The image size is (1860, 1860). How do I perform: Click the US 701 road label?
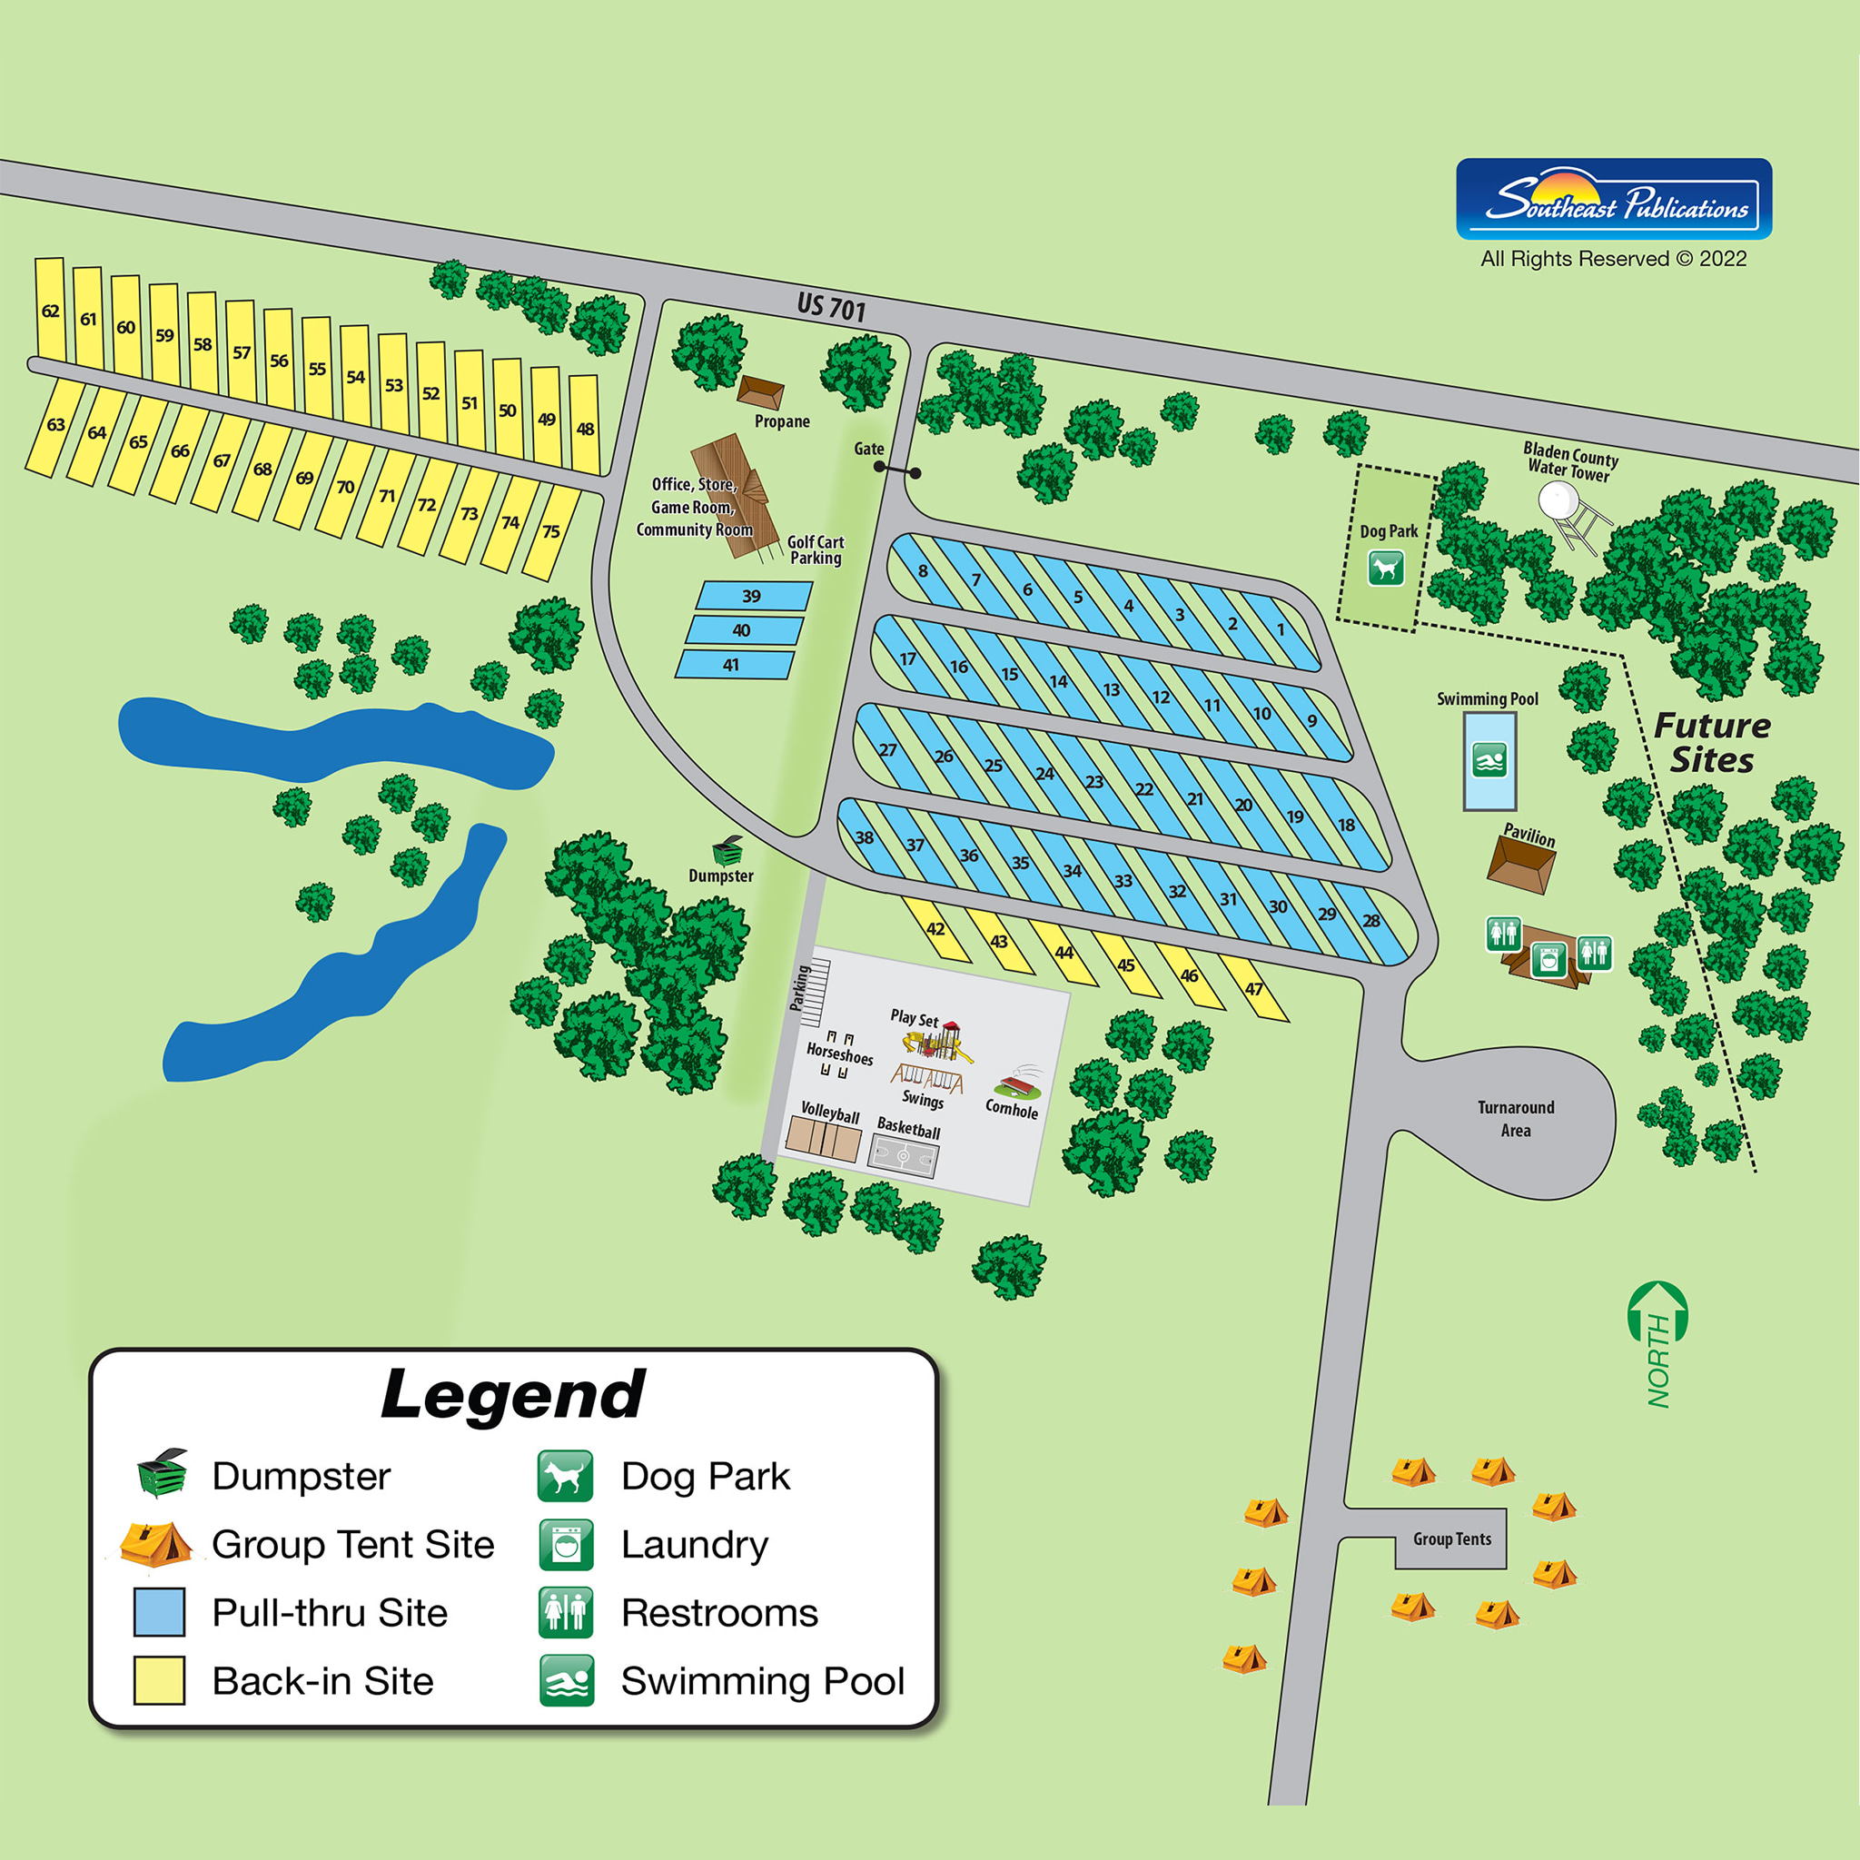831,308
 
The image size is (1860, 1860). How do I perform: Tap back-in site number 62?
50,310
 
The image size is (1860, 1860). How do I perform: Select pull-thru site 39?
752,596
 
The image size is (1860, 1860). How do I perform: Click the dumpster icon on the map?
727,851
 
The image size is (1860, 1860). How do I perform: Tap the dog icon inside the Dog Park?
1385,568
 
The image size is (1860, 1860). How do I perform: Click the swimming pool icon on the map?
1489,760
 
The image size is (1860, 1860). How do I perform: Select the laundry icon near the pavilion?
1548,960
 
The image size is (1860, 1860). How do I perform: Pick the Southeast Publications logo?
1614,199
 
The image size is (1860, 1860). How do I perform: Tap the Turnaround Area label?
1516,1119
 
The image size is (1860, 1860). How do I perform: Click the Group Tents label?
1452,1538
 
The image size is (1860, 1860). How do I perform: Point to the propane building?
760,392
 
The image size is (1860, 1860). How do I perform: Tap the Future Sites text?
1712,742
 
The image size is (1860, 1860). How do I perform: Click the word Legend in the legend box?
513,1394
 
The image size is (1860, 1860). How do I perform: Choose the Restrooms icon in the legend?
565,1613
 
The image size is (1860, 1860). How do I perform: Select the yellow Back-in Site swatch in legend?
159,1681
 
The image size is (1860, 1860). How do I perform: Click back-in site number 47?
1253,989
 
